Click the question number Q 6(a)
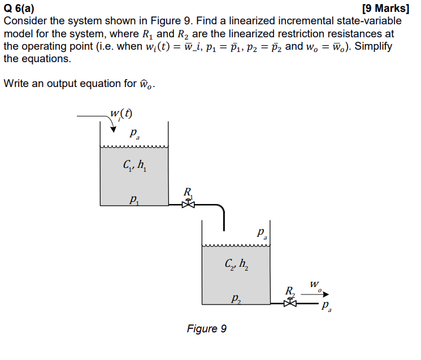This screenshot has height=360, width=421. point(19,8)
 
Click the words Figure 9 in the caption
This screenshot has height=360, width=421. point(207,328)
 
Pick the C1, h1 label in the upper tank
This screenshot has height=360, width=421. point(135,167)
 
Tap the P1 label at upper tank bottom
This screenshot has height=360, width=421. point(133,198)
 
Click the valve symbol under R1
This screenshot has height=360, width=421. point(188,205)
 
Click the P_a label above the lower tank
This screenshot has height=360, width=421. point(261,233)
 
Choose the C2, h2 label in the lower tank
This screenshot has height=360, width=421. point(236,264)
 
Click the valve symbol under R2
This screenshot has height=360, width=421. point(290,303)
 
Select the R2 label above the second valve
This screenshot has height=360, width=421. point(290,290)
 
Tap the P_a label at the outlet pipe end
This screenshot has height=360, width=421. point(326,308)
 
